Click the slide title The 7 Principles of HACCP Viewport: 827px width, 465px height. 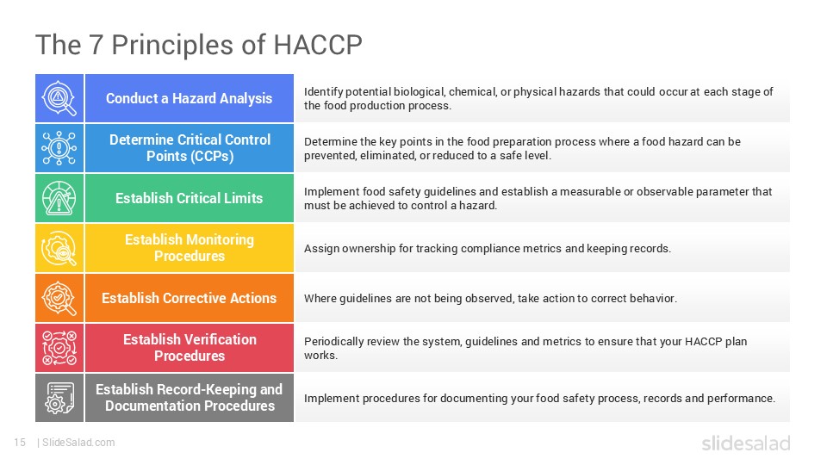[198, 44]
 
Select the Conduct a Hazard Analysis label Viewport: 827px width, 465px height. [189, 98]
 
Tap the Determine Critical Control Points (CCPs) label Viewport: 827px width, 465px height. [189, 147]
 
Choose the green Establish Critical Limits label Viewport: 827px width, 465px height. [189, 198]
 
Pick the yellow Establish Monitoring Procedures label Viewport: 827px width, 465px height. [189, 248]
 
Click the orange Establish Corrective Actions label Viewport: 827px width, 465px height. [189, 298]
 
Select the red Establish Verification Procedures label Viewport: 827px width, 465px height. [189, 347]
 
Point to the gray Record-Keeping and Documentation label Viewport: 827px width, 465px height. [189, 397]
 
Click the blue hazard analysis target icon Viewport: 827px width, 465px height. [59, 98]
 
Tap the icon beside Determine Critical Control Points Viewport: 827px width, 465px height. [59, 148]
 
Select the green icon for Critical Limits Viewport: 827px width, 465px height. [59, 198]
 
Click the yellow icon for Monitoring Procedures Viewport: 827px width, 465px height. [59, 248]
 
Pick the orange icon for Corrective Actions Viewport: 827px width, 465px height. [59, 298]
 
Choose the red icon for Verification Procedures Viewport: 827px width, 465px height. [59, 347]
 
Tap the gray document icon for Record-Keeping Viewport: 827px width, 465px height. [59, 397]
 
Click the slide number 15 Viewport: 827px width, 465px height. [21, 443]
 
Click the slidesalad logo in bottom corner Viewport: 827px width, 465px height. [745, 443]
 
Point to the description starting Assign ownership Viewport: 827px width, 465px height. [487, 248]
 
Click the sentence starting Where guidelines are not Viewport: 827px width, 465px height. [490, 298]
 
